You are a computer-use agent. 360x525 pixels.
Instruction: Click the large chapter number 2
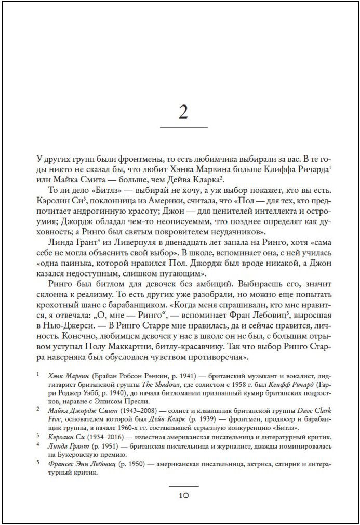click(183, 111)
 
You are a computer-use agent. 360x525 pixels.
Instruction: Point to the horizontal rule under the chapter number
click(183, 128)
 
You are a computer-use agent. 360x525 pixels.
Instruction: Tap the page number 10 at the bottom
click(183, 495)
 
